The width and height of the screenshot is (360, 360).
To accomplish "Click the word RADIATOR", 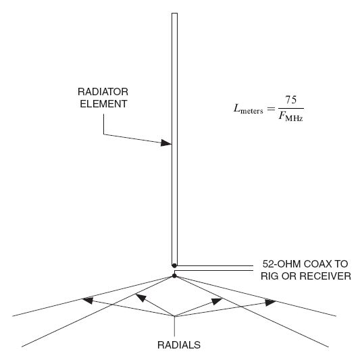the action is (103, 92).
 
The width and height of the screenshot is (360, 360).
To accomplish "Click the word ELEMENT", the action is (103, 104).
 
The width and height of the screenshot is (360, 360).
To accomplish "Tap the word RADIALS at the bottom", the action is (179, 345).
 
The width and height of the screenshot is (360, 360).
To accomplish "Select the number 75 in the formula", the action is (291, 100).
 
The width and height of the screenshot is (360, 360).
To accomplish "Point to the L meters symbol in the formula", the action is (248, 109).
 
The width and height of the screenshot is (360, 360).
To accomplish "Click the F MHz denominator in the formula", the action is (291, 116).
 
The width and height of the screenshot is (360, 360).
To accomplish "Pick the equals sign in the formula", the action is (271, 109).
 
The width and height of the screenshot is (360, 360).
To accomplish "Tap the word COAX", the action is (317, 264).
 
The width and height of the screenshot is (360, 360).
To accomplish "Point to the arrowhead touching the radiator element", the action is (166, 143).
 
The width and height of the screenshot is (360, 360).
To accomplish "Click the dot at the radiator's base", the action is (174, 265).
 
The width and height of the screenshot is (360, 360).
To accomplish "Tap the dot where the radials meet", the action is (174, 276).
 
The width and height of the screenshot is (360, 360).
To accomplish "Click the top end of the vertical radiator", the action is (174, 14).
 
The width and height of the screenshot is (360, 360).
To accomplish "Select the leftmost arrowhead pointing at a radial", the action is (88, 301).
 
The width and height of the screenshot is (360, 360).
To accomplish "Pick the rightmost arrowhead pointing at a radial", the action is (270, 302).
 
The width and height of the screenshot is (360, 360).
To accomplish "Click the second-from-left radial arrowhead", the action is (141, 298).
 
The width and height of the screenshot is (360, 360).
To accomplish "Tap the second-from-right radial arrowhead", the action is (217, 301).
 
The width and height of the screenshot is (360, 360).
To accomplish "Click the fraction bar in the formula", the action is (291, 108).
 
